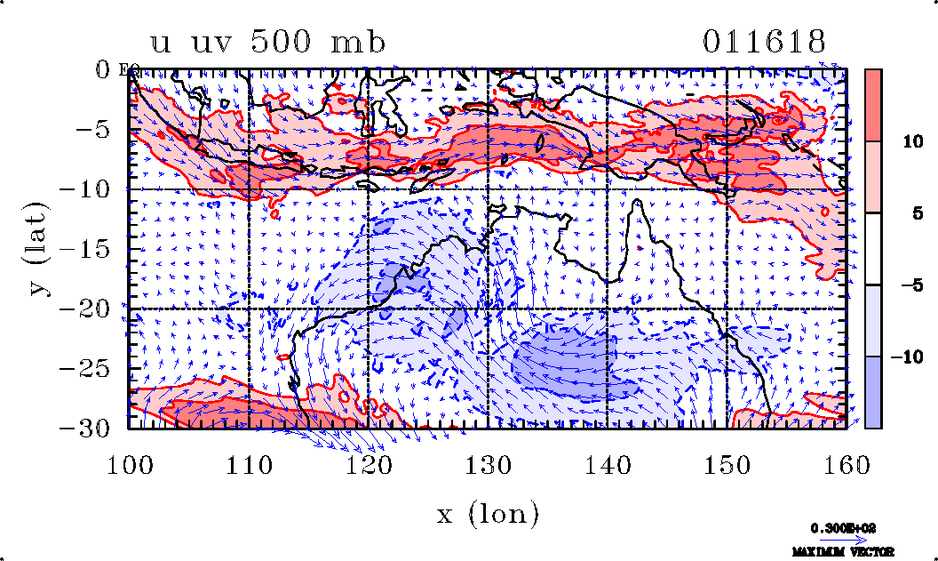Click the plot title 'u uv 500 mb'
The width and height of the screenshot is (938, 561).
point(268,43)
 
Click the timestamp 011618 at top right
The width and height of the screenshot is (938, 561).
point(765,42)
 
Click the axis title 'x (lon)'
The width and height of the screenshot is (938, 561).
point(488,514)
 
